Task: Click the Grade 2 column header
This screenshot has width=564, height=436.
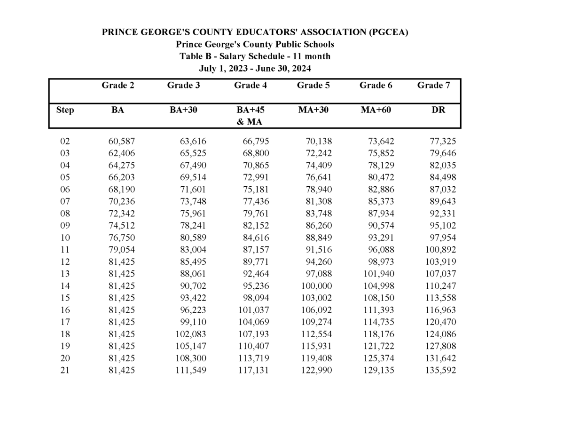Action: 117,86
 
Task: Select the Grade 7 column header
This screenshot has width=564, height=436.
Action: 433,86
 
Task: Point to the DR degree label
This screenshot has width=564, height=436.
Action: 438,110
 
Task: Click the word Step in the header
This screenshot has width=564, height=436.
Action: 65,110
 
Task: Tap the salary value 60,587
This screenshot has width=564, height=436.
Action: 121,141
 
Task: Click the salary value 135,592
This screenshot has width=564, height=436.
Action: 440,371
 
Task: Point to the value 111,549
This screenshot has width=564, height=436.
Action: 190,371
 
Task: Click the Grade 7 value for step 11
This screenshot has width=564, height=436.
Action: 440,250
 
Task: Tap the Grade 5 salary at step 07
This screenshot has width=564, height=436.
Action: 318,201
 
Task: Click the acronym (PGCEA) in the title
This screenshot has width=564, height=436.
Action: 388,32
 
